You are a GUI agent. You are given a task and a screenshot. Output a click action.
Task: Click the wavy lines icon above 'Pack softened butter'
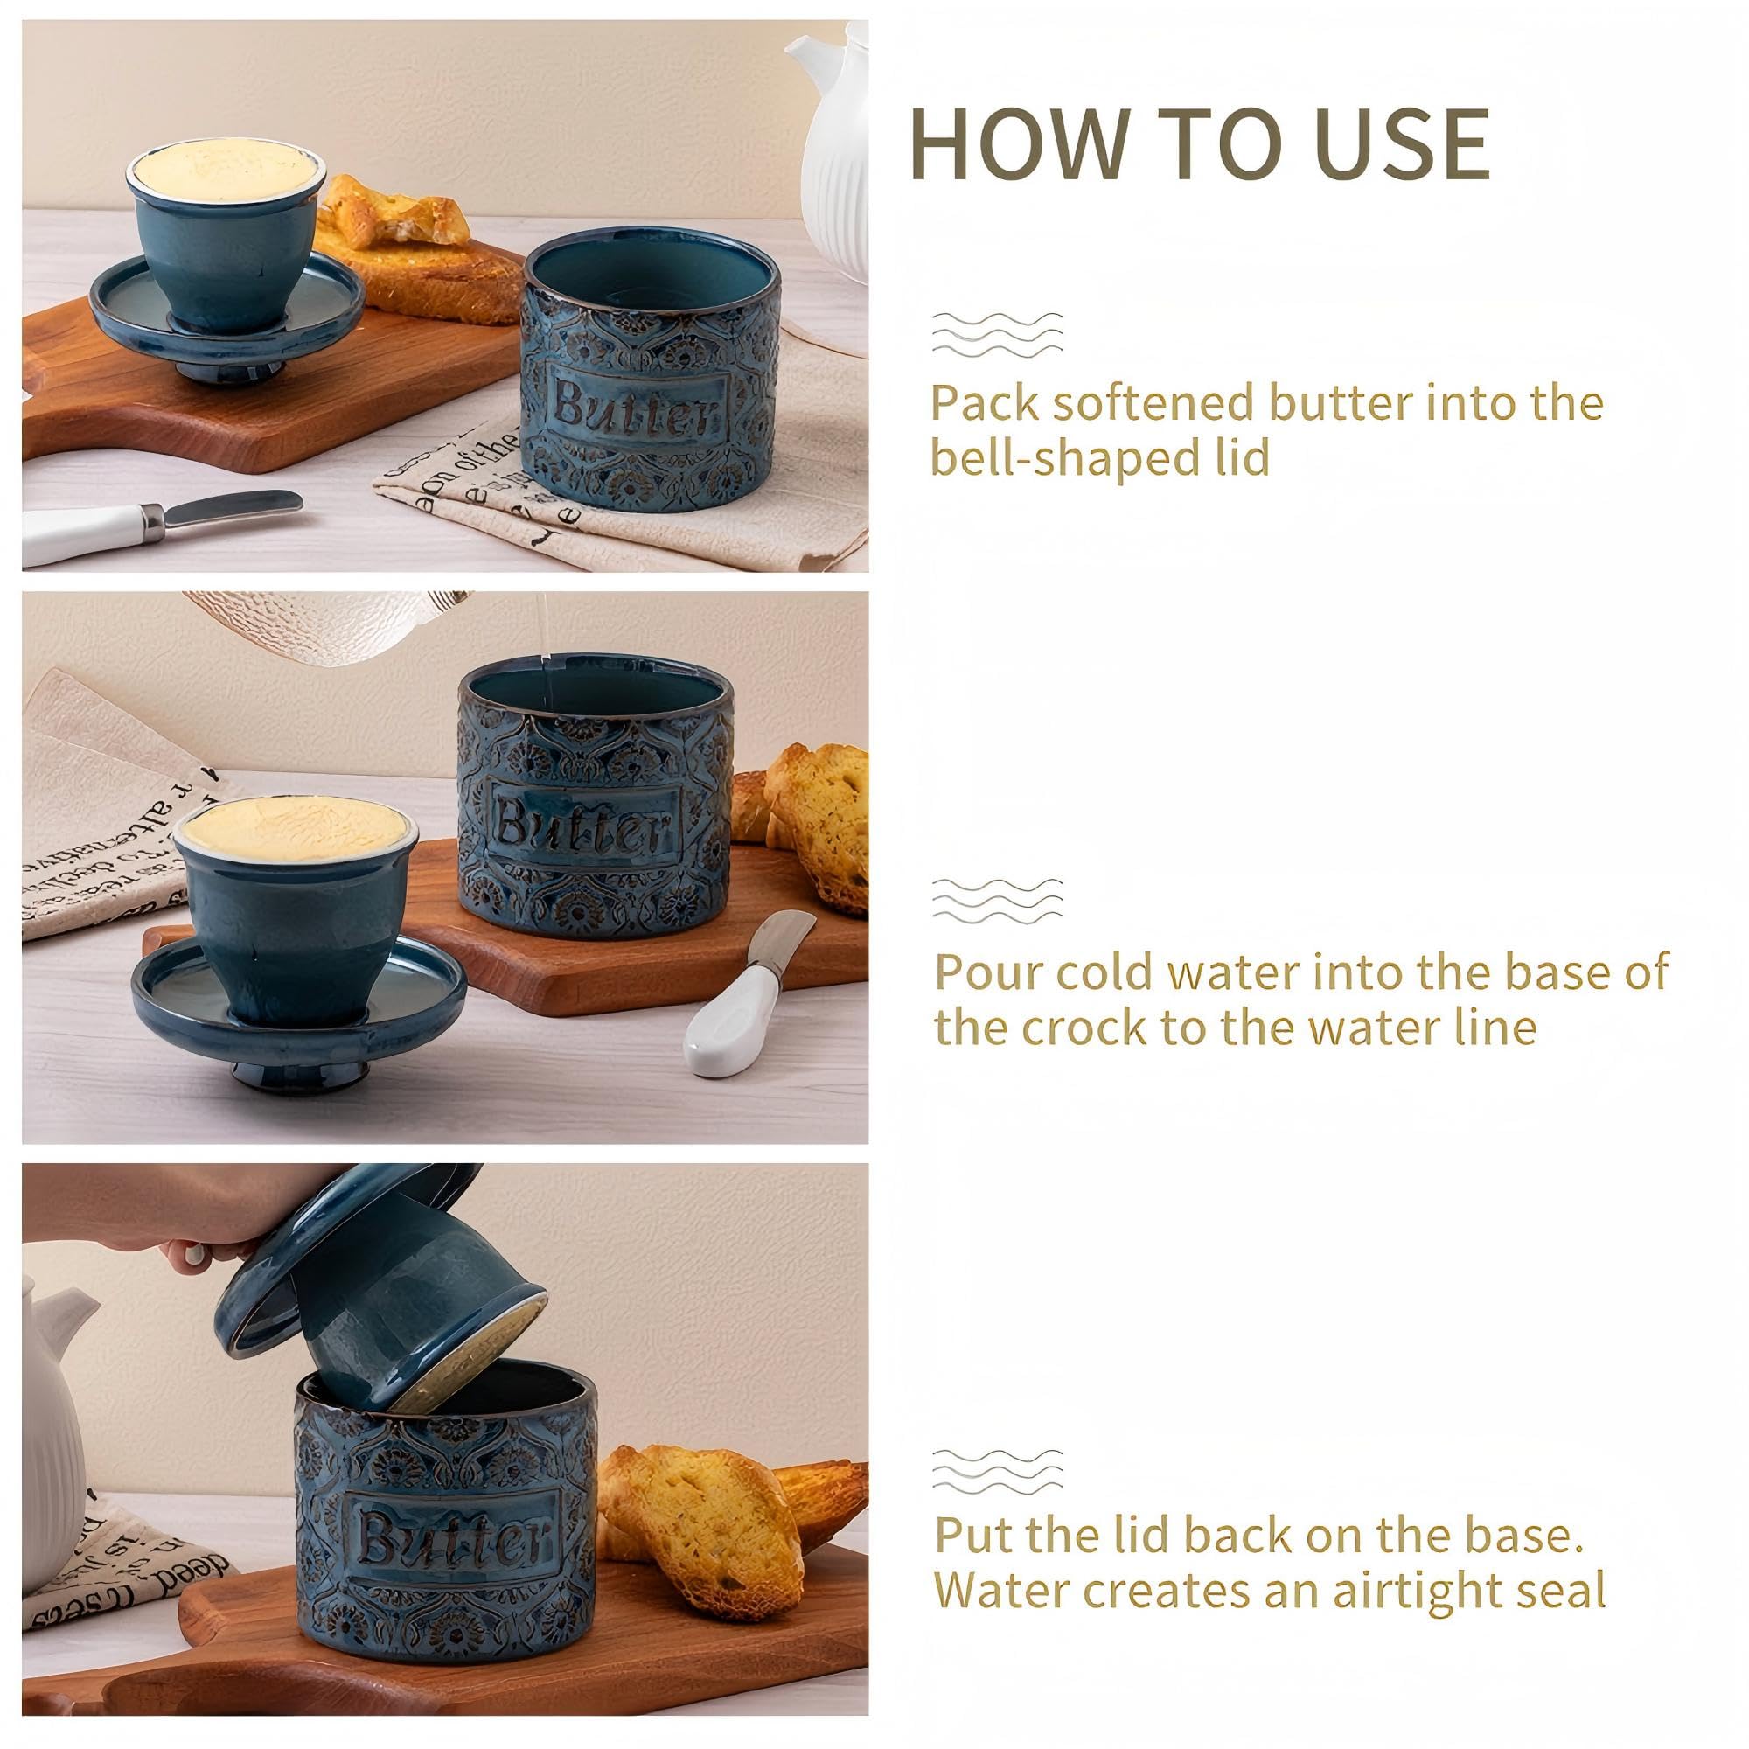(x=997, y=335)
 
